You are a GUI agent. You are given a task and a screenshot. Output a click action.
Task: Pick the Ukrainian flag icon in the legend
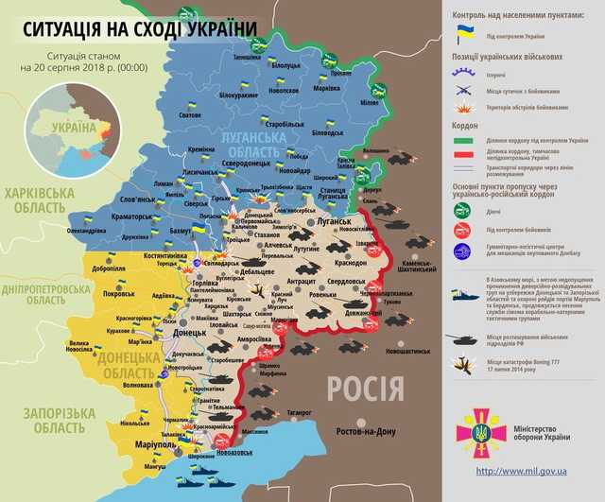465,34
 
